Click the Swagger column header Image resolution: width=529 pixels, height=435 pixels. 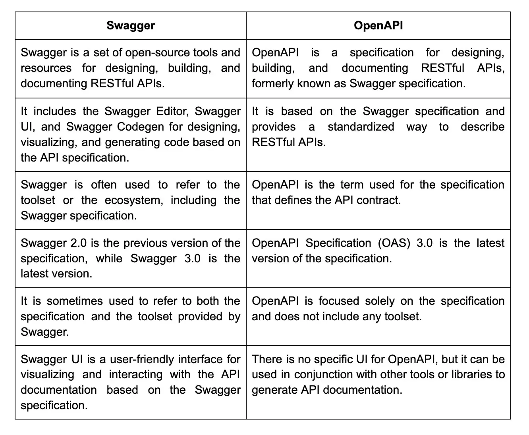point(131,26)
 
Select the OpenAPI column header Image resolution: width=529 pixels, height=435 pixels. point(378,26)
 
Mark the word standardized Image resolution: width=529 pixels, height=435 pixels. point(361,127)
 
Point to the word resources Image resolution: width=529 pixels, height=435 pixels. point(46,68)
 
